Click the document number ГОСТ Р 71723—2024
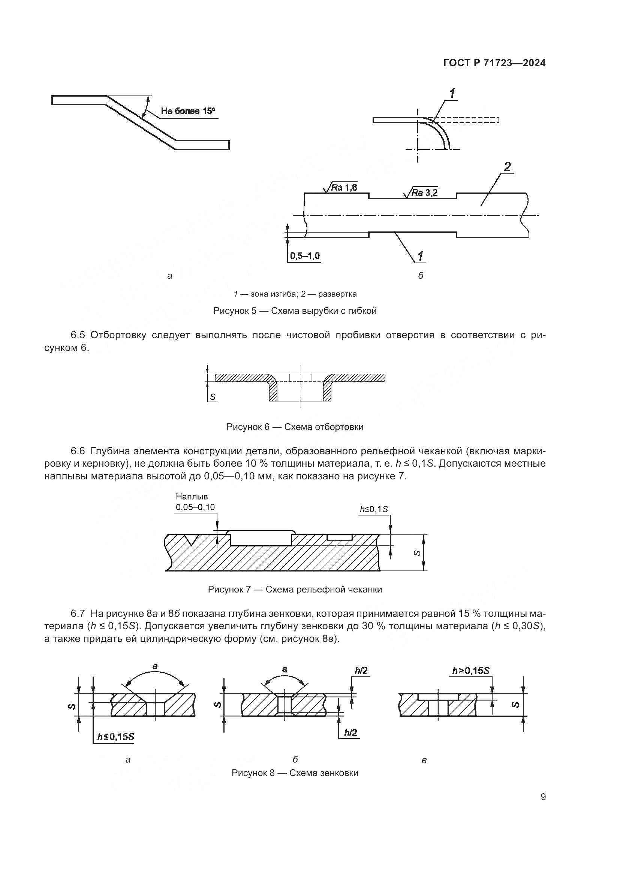coord(494,63)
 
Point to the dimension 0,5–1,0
coord(305,256)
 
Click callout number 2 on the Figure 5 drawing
coord(507,167)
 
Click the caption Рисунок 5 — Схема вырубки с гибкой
coord(295,311)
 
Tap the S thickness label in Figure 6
coord(213,397)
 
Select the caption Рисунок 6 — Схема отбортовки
coord(295,427)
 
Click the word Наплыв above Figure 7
coord(192,497)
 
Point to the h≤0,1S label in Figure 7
coord(374,509)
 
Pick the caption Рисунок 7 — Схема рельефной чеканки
coord(295,589)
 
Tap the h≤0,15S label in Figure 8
coord(115,737)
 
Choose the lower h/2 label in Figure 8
coord(350,733)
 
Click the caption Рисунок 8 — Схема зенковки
coord(295,773)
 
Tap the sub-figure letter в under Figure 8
coord(424,761)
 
